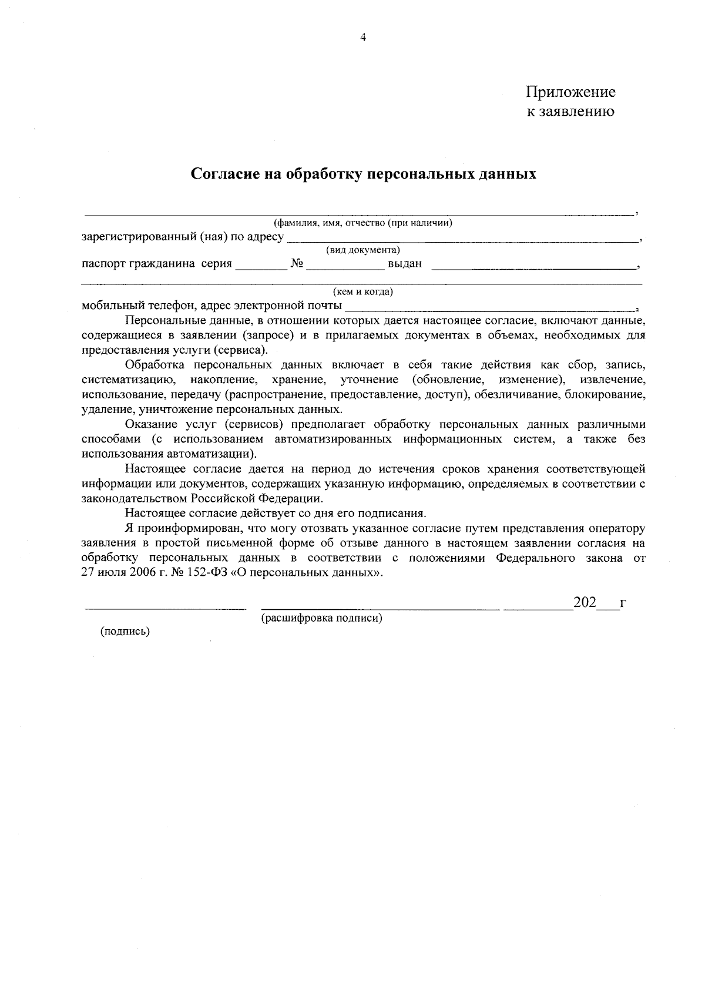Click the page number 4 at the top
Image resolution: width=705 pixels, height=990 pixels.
pyautogui.click(x=362, y=38)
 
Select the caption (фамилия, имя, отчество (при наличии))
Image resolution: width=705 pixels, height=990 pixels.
pyautogui.click(x=362, y=223)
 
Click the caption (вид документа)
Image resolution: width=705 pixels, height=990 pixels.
pyautogui.click(x=363, y=251)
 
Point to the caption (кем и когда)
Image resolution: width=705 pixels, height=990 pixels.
pyautogui.click(x=362, y=292)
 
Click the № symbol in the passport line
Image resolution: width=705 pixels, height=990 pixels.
pyautogui.click(x=296, y=264)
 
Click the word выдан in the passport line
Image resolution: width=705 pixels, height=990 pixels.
pyautogui.click(x=405, y=264)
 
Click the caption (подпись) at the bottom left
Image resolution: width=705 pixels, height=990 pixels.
pyautogui.click(x=125, y=632)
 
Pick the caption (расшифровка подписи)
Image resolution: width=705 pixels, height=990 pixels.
pyautogui.click(x=322, y=618)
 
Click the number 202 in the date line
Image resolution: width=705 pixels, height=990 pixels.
pyautogui.click(x=585, y=603)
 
